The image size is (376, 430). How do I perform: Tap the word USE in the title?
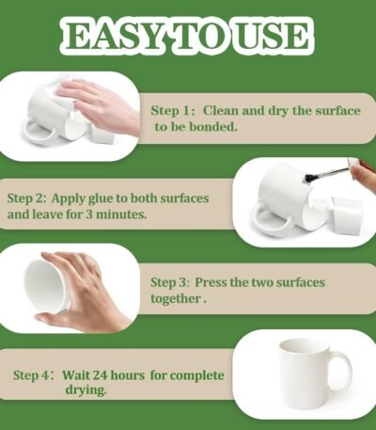[272, 36]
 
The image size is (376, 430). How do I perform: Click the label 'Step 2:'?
[27, 199]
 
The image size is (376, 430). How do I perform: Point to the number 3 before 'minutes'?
[89, 215]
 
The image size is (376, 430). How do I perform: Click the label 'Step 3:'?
[170, 283]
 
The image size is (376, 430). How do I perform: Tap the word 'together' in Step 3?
[176, 299]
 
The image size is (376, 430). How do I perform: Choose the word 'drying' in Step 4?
[86, 390]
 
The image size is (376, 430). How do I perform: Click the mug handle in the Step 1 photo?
[39, 133]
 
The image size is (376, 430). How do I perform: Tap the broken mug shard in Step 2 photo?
[346, 214]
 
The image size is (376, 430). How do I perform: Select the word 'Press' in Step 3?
[211, 282]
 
